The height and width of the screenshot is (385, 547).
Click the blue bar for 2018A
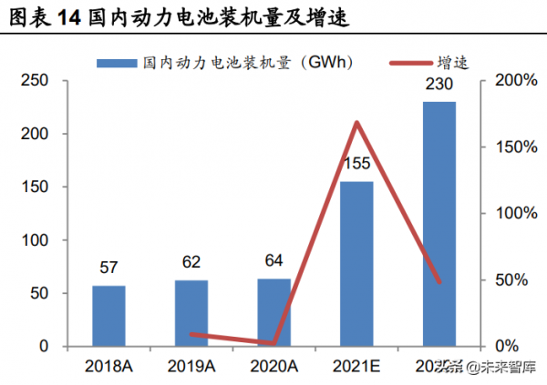(x=108, y=316)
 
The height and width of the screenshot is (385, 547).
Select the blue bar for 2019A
(x=191, y=313)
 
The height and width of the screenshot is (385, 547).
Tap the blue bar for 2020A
(x=273, y=312)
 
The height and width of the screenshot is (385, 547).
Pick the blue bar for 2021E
(x=356, y=264)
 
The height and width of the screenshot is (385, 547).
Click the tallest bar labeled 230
(x=439, y=223)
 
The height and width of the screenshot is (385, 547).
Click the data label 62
(x=191, y=265)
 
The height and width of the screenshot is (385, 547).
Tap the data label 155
(x=356, y=165)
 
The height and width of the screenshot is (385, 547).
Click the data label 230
(x=439, y=86)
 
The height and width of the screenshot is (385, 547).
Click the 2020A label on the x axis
(x=273, y=366)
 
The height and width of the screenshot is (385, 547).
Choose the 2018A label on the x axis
(x=108, y=366)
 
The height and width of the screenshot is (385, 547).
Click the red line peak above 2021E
(x=356, y=122)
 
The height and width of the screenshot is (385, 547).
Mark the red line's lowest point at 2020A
(x=273, y=344)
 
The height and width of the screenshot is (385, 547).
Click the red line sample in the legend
(x=413, y=63)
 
